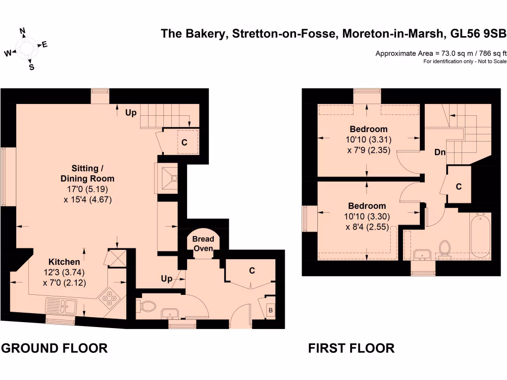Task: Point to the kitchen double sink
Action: pos(60,305)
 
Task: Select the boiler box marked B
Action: pos(270,310)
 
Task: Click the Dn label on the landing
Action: pos(440,152)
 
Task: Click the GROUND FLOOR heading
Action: pos(54,348)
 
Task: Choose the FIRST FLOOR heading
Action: pos(351,348)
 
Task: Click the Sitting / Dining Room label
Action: pos(87,174)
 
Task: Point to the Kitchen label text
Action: pos(64,262)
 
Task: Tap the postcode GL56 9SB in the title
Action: pos(478,34)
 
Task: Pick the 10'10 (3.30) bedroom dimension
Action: pos(366,217)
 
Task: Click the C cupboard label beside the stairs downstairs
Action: pos(184,142)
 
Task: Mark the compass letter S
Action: pos(31,67)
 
